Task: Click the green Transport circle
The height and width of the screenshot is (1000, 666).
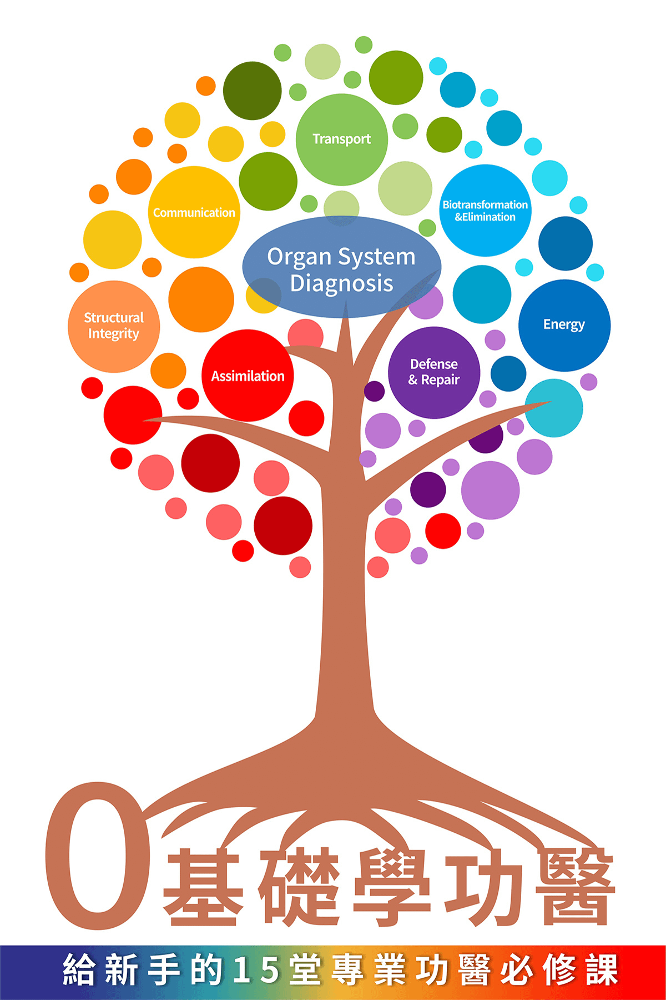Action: [x=341, y=139]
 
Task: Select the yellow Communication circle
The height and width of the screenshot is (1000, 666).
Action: [x=194, y=212]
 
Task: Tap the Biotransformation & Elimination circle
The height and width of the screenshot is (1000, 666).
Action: [x=485, y=211]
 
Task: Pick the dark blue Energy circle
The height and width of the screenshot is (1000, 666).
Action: [x=564, y=324]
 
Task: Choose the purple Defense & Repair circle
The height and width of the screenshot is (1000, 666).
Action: [x=433, y=372]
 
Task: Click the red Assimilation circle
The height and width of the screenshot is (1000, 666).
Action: [x=248, y=376]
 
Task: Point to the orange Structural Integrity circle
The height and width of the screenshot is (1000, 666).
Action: [x=114, y=326]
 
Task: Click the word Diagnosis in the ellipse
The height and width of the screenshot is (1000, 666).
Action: [x=341, y=283]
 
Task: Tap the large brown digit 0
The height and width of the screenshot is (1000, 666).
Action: [x=98, y=856]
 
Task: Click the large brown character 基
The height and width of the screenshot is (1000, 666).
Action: [x=203, y=887]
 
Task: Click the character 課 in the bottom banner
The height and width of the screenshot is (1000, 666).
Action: [x=602, y=970]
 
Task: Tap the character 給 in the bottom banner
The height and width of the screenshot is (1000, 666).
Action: [x=79, y=970]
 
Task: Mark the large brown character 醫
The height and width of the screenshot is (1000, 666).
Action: [x=575, y=887]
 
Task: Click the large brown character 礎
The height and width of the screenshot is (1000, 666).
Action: [x=300, y=887]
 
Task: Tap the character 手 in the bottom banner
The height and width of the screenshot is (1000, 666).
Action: [x=164, y=970]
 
